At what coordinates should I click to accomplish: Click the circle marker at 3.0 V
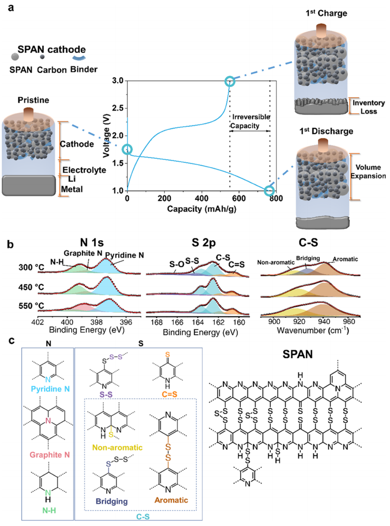230,81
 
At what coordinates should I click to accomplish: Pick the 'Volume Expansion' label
368,172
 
